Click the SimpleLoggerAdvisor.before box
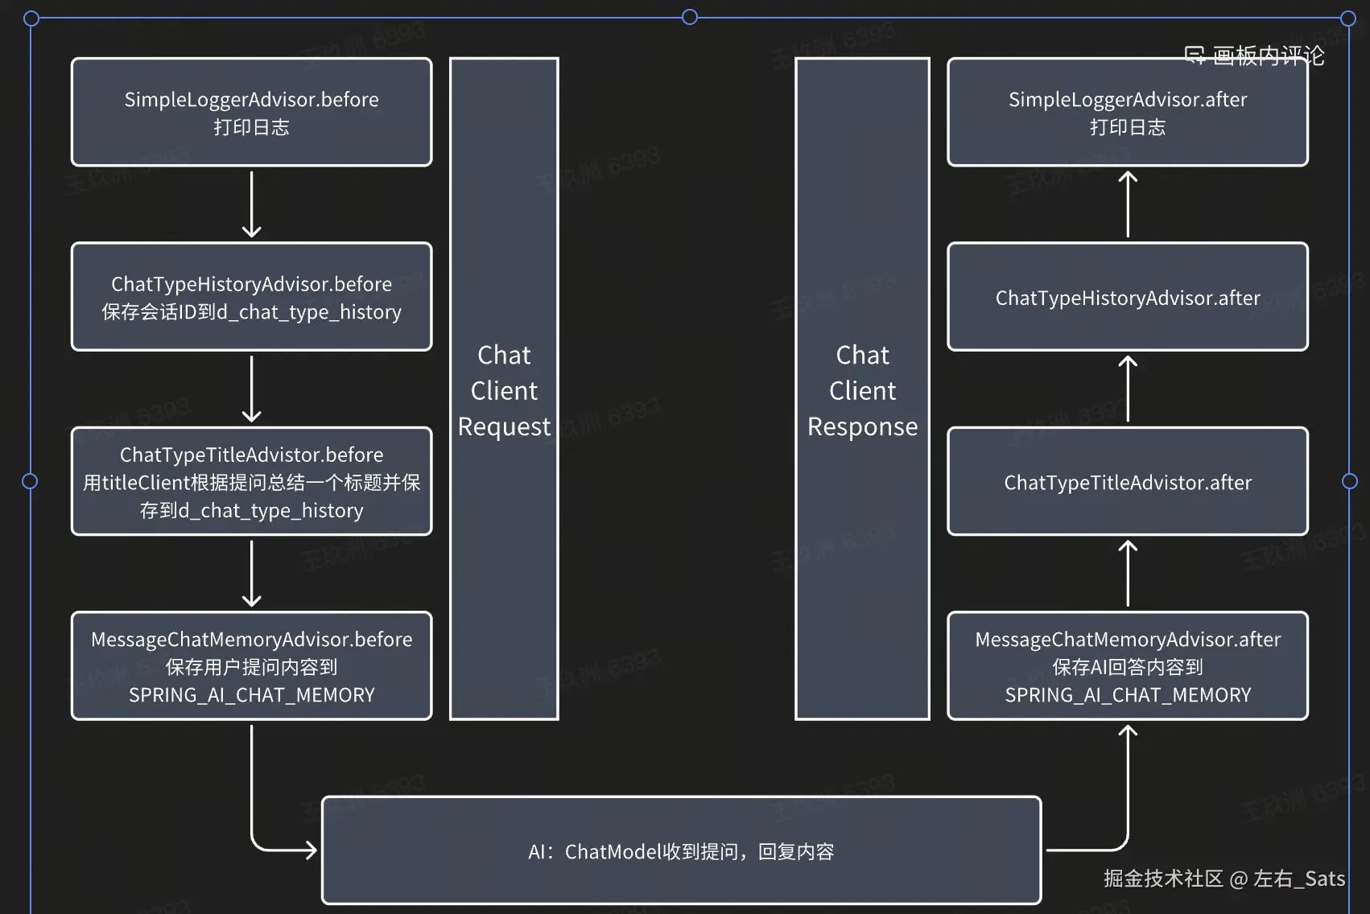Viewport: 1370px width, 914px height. (x=251, y=112)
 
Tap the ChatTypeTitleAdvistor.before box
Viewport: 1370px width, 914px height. (x=251, y=481)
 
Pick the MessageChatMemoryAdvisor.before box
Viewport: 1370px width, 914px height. (x=251, y=665)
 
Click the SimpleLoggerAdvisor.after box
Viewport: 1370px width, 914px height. (x=1127, y=112)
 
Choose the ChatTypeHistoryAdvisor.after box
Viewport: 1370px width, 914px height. (x=1127, y=297)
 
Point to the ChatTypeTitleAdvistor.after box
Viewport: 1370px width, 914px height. (x=1127, y=481)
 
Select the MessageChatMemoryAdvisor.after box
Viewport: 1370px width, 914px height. (x=1127, y=665)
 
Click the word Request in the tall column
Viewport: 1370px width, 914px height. (x=504, y=426)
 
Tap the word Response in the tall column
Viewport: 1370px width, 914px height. (x=862, y=426)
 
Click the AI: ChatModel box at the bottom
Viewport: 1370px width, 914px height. (x=681, y=850)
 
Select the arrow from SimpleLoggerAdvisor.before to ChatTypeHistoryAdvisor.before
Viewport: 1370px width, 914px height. (x=251, y=204)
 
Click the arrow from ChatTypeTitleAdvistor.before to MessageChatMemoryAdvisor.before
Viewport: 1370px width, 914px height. (x=251, y=573)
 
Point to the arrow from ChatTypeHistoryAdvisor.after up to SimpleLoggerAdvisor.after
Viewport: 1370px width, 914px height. (x=1128, y=204)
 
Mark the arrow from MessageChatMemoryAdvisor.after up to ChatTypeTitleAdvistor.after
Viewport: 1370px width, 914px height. (x=1128, y=573)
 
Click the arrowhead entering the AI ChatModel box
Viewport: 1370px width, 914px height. (x=309, y=850)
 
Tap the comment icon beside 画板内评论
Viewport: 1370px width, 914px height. (x=1195, y=56)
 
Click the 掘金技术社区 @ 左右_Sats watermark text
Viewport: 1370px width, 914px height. (x=1224, y=878)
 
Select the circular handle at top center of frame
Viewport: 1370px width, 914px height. (x=690, y=17)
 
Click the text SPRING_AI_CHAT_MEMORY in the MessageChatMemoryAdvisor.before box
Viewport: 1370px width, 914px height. (x=251, y=694)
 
